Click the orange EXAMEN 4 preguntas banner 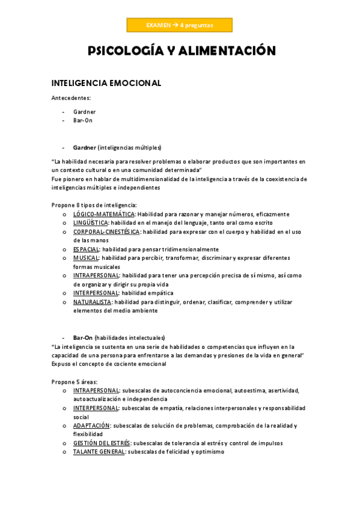pyautogui.click(x=179, y=25)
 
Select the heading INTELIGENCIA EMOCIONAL pyautogui.click(x=106, y=84)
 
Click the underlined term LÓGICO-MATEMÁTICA pyautogui.click(x=104, y=214)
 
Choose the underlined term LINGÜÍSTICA pyautogui.click(x=90, y=223)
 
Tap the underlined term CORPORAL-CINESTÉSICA pyautogui.click(x=106, y=232)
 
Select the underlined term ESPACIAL pyautogui.click(x=87, y=249)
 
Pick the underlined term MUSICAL pyautogui.click(x=86, y=258)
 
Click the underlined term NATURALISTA pyautogui.click(x=93, y=302)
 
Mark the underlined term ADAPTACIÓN pyautogui.click(x=91, y=425)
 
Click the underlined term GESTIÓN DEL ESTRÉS pyautogui.click(x=102, y=443)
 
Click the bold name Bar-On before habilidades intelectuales pyautogui.click(x=83, y=338)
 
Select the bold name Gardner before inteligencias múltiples pyautogui.click(x=85, y=147)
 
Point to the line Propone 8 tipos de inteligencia pyautogui.click(x=94, y=205)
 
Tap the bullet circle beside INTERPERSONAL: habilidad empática pyautogui.click(x=65, y=293)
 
